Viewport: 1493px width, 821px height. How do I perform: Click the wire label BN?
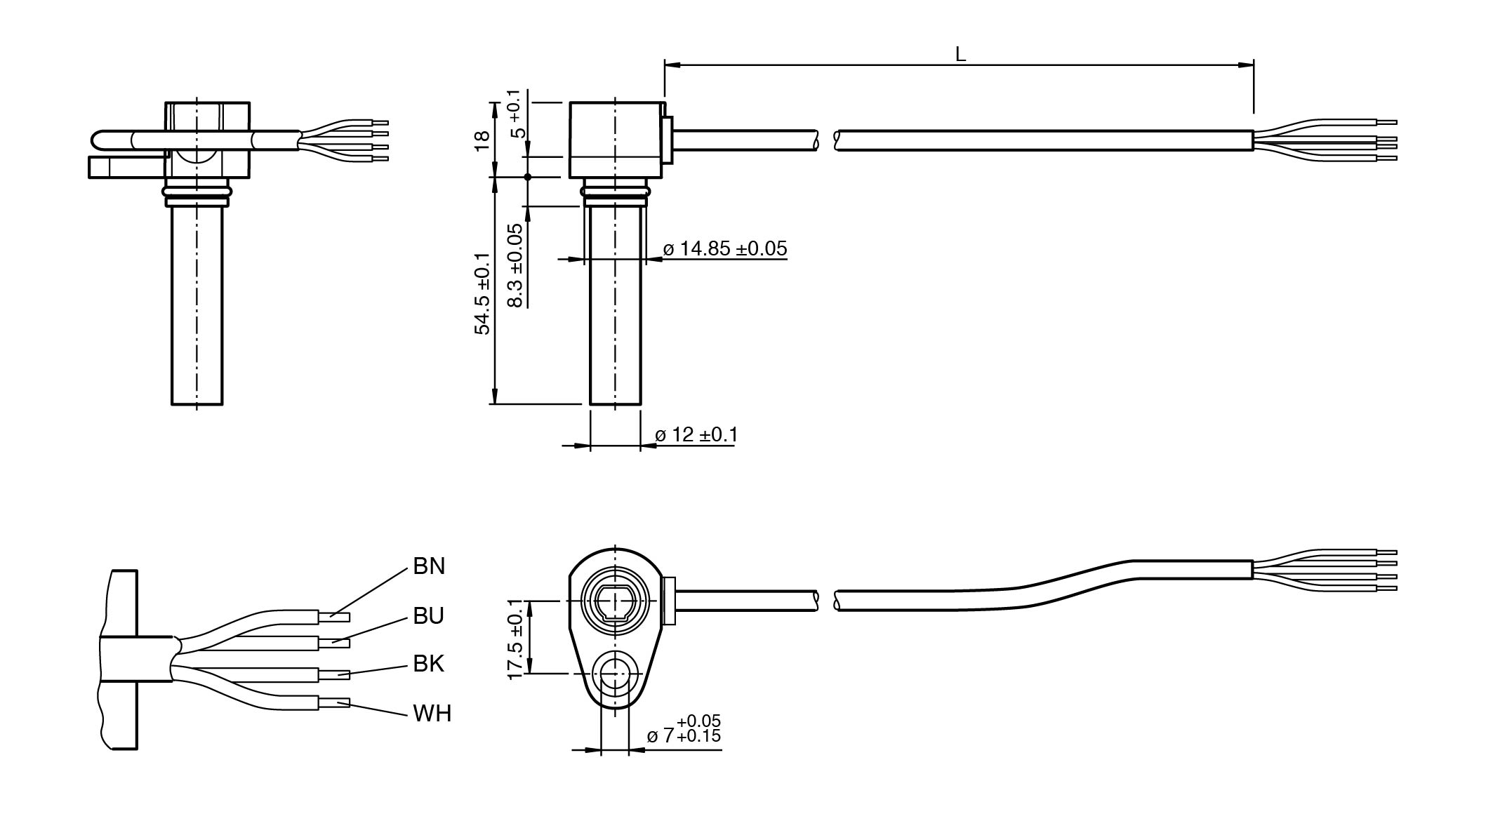pyautogui.click(x=429, y=566)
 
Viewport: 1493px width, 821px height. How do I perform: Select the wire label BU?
pyautogui.click(x=428, y=615)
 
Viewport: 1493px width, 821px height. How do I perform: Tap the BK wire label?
pyautogui.click(x=428, y=663)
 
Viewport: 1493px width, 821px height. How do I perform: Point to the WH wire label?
pyautogui.click(x=432, y=714)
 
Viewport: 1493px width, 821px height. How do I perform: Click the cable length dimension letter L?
pyautogui.click(x=960, y=54)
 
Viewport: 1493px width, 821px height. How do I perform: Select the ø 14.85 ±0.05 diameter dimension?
pyautogui.click(x=725, y=248)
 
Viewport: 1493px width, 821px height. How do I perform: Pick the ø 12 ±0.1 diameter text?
pyautogui.click(x=696, y=435)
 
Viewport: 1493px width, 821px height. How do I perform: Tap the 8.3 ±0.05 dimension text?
pyautogui.click(x=516, y=265)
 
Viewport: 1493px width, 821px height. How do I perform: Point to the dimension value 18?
pyautogui.click(x=482, y=140)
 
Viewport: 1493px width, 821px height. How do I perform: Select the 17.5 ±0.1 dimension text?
pyautogui.click(x=516, y=639)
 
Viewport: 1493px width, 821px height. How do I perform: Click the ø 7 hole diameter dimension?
pyautogui.click(x=684, y=730)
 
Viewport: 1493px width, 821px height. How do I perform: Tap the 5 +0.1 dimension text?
pyautogui.click(x=516, y=114)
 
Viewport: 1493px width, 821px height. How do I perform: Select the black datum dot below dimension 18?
pyautogui.click(x=528, y=177)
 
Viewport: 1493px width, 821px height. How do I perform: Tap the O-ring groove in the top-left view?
pyautogui.click(x=197, y=190)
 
